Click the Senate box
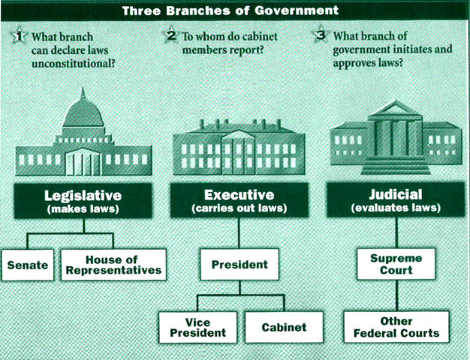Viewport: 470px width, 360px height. [x=28, y=265]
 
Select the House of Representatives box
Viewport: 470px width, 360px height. [x=113, y=265]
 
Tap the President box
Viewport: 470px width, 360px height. [x=238, y=265]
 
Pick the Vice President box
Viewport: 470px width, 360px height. [x=197, y=327]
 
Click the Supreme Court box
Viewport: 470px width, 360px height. [x=396, y=264]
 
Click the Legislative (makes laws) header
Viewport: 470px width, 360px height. [x=83, y=201]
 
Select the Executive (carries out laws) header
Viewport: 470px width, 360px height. [x=239, y=201]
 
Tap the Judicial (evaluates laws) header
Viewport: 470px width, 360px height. [x=396, y=201]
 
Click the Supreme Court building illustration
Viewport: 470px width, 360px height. [x=396, y=139]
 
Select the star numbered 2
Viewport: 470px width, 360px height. [x=171, y=36]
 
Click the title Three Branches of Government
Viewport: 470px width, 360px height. [x=236, y=10]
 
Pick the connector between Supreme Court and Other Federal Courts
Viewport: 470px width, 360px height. [x=396, y=295]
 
